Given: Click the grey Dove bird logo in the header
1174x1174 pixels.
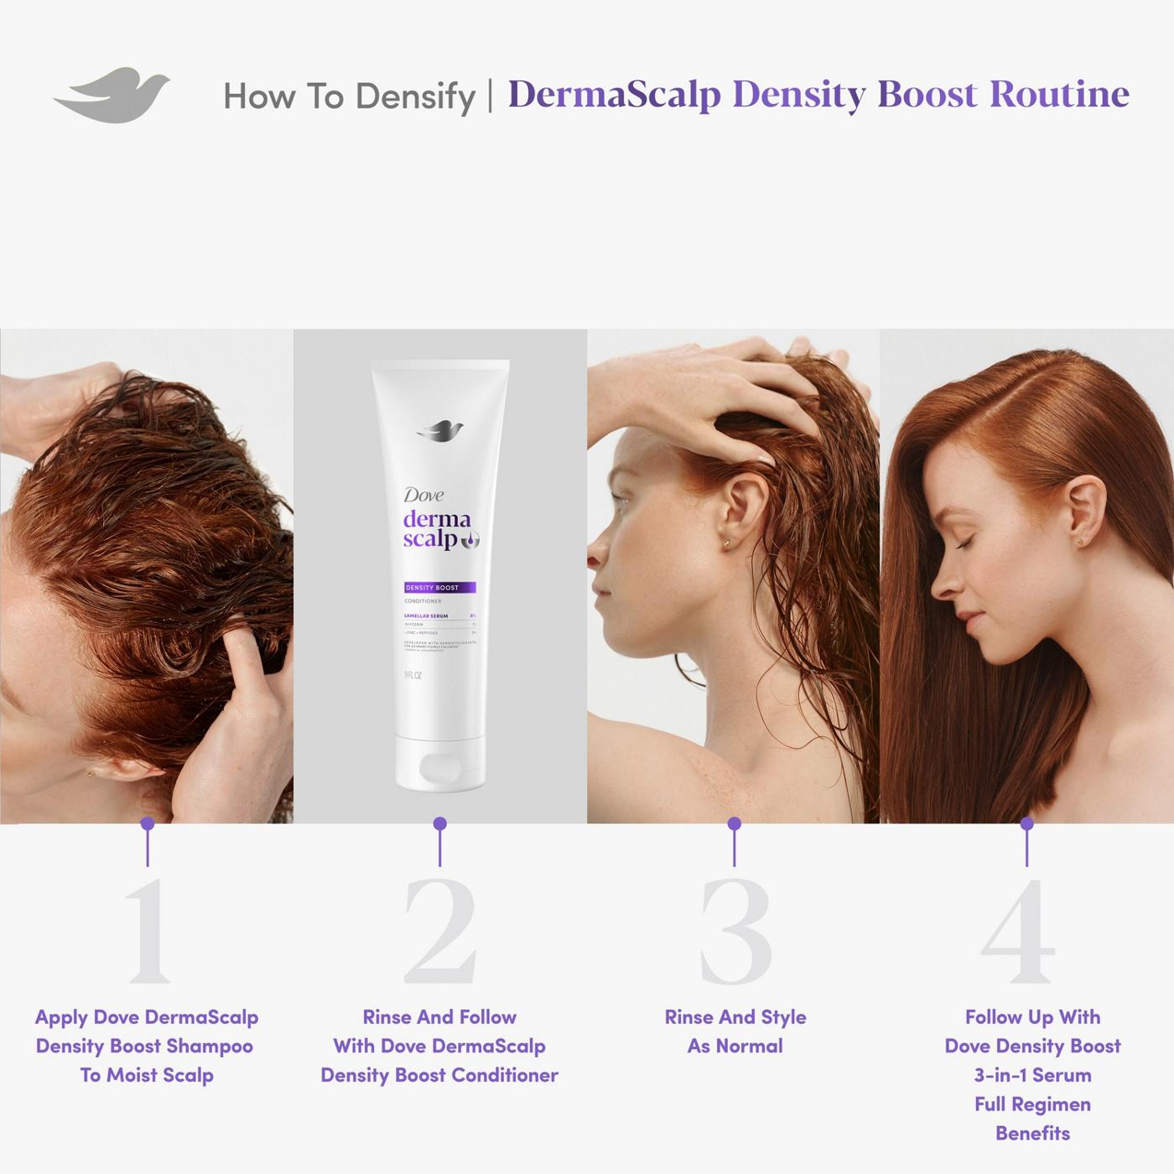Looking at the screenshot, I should (113, 95).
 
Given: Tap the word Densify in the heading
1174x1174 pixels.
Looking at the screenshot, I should (415, 97).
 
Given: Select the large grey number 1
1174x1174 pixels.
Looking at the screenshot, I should (148, 931).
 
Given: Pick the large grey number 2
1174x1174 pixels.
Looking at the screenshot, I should (439, 931).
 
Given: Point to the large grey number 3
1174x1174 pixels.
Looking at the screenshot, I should (735, 931).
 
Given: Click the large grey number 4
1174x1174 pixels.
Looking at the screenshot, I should (1018, 931).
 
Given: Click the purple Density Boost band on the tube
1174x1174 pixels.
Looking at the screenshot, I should (439, 587).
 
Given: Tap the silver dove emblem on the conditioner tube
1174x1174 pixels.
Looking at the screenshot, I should (440, 431).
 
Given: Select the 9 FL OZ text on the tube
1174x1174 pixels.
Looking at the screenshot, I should (413, 675).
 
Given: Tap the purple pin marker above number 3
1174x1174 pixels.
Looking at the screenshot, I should (735, 823).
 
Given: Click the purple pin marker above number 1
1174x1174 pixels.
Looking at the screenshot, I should (148, 823).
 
